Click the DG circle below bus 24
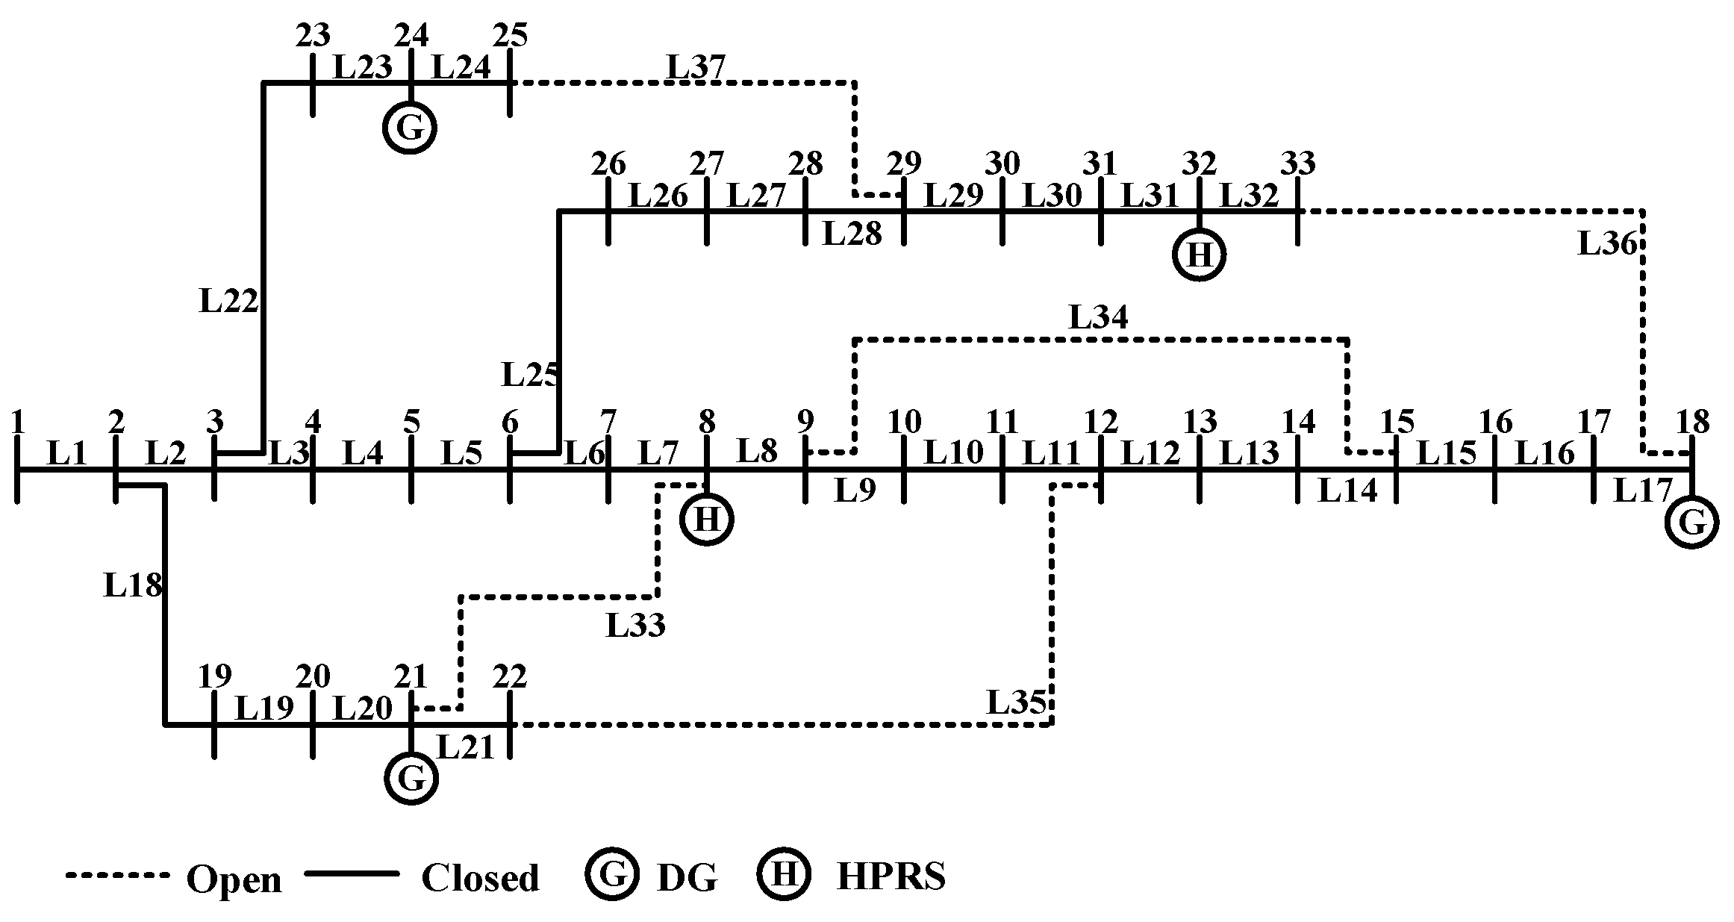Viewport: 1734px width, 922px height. click(x=410, y=128)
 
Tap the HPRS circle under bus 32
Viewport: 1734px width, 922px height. click(x=1199, y=255)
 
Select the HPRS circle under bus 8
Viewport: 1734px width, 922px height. click(x=706, y=520)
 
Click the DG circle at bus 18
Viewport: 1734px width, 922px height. click(x=1691, y=523)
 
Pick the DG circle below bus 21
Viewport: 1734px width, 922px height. click(x=411, y=779)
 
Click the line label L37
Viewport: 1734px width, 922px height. click(x=696, y=67)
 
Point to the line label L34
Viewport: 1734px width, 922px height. click(x=1098, y=317)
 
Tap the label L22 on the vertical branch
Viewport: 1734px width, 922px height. click(x=228, y=301)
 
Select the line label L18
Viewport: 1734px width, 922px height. click(x=133, y=585)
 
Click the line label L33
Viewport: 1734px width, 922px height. click(x=635, y=626)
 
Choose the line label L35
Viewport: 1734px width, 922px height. click(x=1017, y=703)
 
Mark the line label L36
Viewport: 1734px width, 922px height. click(x=1607, y=244)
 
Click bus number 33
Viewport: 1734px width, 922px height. click(x=1298, y=163)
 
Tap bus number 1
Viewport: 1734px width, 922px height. click(x=18, y=423)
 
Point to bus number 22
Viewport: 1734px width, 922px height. click(x=510, y=676)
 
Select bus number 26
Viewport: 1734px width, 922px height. click(x=608, y=163)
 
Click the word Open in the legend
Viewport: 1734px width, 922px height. click(x=234, y=879)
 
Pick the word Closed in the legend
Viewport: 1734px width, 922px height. click(x=480, y=878)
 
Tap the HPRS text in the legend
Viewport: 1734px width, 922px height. click(x=891, y=876)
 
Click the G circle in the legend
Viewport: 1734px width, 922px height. click(x=613, y=874)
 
